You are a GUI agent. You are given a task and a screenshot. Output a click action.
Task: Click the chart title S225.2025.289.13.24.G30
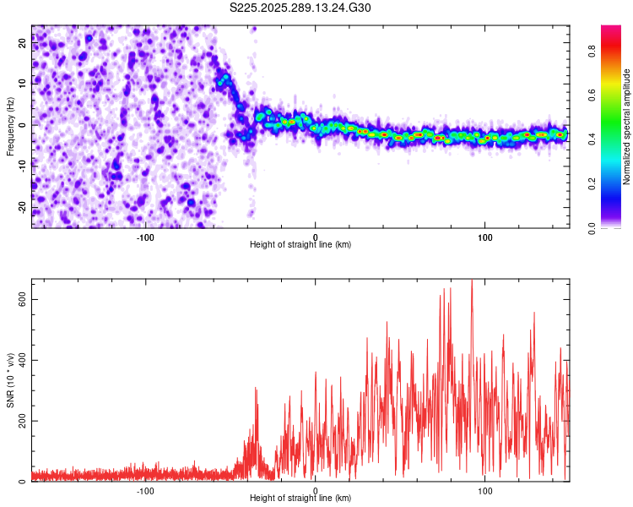300,8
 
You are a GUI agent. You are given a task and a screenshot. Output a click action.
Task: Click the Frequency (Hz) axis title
10,127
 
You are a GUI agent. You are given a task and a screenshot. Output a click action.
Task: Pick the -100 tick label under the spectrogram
145,237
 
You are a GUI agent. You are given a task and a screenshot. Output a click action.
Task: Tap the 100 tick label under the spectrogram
485,237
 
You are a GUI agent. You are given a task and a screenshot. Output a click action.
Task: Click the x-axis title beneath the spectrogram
300,245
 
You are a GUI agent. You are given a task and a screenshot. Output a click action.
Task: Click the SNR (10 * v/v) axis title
10,380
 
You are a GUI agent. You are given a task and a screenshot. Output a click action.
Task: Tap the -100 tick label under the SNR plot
145,490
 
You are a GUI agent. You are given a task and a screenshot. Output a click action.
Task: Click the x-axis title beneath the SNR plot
300,499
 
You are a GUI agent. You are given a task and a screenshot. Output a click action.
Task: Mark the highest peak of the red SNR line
472,281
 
